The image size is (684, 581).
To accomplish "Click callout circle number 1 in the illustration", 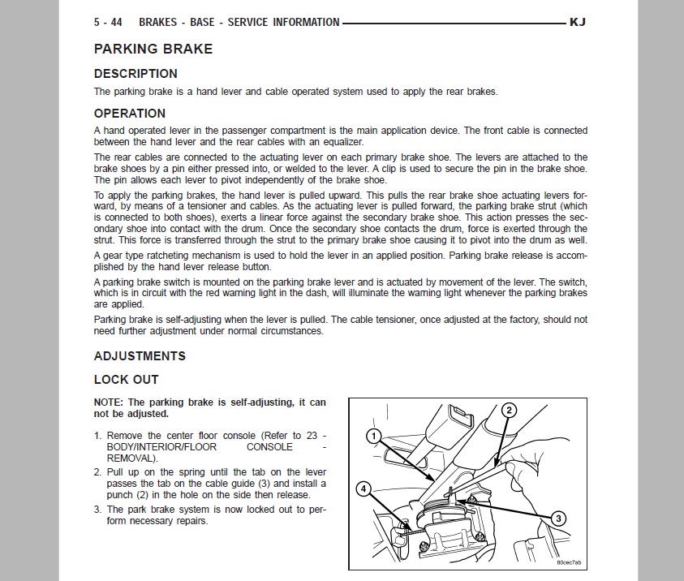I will pos(372,437).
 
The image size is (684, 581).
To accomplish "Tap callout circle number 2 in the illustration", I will pos(509,410).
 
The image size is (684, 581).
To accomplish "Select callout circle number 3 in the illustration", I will pos(558,518).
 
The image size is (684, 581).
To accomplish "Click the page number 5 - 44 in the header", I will pos(110,23).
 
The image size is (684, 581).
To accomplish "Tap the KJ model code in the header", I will pos(578,23).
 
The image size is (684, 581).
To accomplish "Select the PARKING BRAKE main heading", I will pos(153,49).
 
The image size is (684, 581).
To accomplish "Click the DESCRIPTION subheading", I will pos(136,74).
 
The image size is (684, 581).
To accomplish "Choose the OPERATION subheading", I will pos(130,114).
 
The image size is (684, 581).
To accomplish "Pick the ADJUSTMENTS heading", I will pos(140,356).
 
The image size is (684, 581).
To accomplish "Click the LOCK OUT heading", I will pos(127,380).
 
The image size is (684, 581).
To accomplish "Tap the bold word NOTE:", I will pos(110,402).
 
